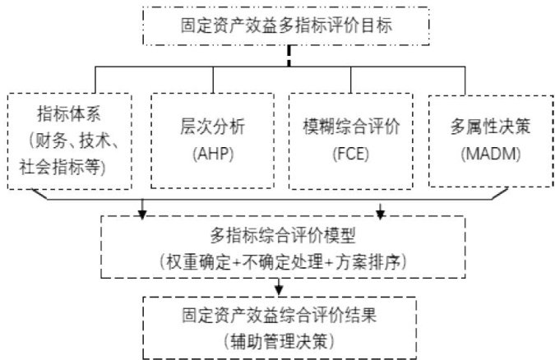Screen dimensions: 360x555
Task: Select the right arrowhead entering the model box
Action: [380, 215]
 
